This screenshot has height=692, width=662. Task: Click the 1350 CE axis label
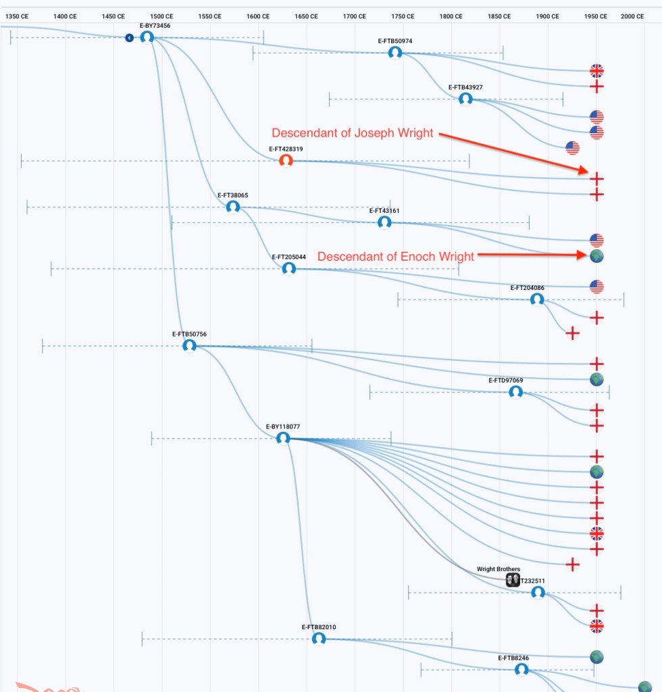click(16, 16)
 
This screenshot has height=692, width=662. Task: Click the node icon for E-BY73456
click(147, 37)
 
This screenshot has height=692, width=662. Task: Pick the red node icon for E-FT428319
click(286, 160)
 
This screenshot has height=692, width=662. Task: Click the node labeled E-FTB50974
click(395, 52)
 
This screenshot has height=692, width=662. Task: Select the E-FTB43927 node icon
click(465, 99)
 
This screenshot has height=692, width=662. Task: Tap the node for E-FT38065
click(233, 206)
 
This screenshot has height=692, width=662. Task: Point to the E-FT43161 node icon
click(384, 222)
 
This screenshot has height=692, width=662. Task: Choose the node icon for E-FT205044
click(289, 268)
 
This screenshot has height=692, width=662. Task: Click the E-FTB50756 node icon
click(189, 345)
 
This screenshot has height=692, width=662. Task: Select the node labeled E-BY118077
click(283, 438)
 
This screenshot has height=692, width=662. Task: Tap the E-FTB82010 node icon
click(319, 638)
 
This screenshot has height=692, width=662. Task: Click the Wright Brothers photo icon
click(513, 580)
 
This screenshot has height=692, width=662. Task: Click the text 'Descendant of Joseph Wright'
click(352, 133)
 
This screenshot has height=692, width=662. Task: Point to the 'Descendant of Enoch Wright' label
click(396, 257)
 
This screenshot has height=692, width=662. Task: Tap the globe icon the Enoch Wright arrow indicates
click(596, 256)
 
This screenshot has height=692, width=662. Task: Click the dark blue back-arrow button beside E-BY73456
click(129, 38)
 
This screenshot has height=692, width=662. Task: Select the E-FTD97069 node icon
click(515, 391)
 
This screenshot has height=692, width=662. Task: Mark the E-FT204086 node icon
click(537, 299)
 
